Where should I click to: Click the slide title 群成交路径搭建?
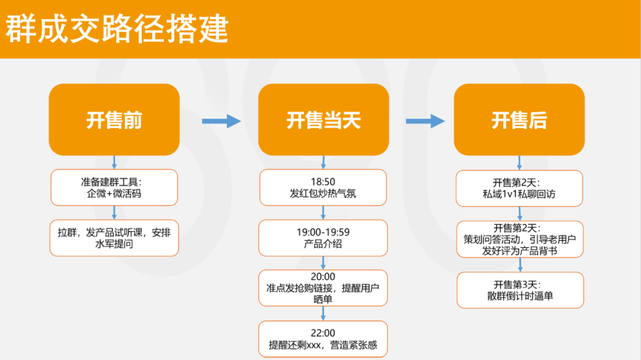point(117,29)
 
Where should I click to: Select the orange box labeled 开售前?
point(114,120)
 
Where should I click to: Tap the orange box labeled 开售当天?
point(323,120)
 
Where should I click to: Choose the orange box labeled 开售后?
point(519,120)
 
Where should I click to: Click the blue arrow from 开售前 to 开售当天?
point(221,122)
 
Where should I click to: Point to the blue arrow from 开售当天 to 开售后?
point(425,122)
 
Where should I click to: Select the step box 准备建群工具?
point(114,187)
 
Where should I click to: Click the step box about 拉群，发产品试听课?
point(114,238)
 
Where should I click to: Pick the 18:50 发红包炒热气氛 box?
point(323,187)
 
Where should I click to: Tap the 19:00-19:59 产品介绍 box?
point(323,238)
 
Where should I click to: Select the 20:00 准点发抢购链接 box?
point(323,288)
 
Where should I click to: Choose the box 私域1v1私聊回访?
point(519,188)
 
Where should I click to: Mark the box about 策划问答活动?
point(519,239)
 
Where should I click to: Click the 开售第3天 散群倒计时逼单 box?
point(519,289)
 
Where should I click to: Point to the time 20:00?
point(323,277)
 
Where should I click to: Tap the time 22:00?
point(323,333)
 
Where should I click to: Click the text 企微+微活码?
point(114,194)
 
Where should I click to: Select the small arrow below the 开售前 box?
point(115,163)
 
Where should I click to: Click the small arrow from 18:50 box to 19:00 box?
point(323,212)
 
